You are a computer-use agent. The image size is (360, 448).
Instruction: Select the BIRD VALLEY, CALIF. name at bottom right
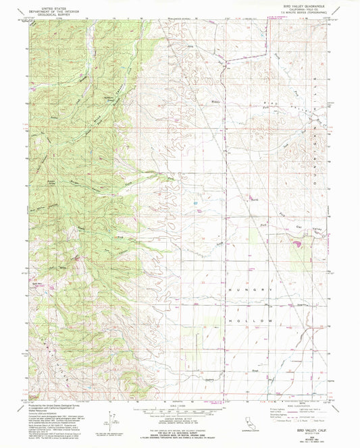pos(310,419)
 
